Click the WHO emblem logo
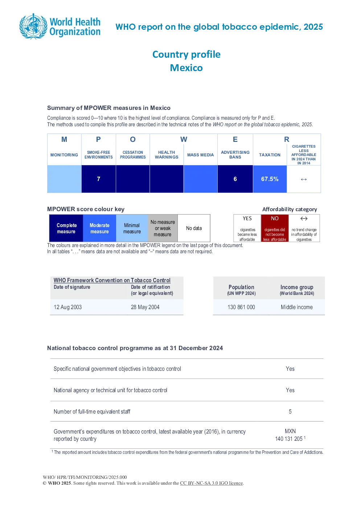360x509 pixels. [34, 26]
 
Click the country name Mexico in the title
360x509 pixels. [187, 68]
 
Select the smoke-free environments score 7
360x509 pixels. [98, 179]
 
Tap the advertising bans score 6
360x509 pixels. [235, 179]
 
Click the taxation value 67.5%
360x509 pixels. [270, 179]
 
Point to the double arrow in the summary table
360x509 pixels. [304, 179]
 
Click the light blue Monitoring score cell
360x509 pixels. [64, 179]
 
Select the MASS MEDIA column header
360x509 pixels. [200, 155]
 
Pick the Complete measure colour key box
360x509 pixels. [66, 228]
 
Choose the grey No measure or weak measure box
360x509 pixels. [163, 228]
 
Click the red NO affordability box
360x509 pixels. [275, 228]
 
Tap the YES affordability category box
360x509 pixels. [247, 228]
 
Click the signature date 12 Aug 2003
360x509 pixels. [67, 307]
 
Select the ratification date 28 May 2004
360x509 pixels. [145, 307]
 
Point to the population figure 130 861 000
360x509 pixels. [241, 307]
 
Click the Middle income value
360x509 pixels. [296, 307]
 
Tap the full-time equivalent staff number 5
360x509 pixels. [290, 411]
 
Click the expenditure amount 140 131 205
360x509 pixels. [289, 439]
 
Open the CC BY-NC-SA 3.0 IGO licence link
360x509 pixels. [211, 483]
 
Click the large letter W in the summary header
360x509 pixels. [184, 139]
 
